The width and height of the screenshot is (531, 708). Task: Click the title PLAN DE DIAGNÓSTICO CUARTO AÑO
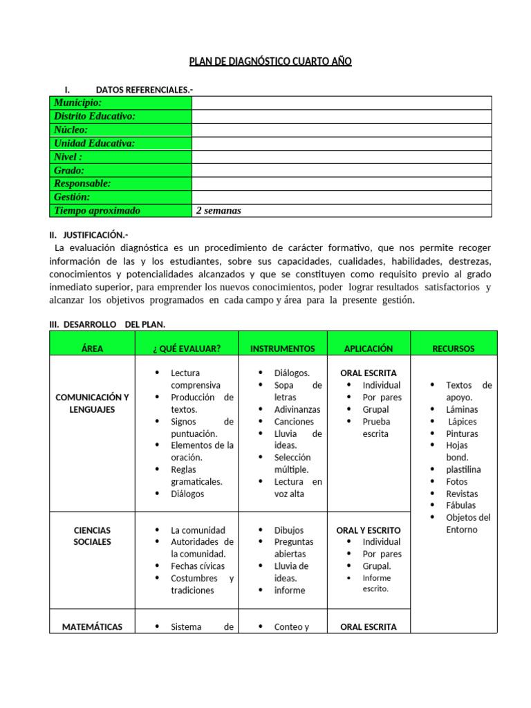click(x=270, y=62)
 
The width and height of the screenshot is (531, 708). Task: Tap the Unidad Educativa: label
click(x=94, y=143)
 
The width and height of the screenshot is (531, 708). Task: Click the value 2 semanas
click(x=218, y=211)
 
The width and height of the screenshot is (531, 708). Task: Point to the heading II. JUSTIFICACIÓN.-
click(x=88, y=235)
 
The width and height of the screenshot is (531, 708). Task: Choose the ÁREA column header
click(x=92, y=349)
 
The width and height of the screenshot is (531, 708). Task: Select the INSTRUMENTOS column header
click(x=282, y=349)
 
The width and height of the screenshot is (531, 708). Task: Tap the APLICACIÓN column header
click(x=369, y=349)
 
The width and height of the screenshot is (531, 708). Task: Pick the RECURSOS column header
click(x=453, y=349)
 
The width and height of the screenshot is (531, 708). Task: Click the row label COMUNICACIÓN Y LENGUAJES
click(x=92, y=403)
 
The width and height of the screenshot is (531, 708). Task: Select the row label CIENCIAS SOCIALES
click(x=92, y=536)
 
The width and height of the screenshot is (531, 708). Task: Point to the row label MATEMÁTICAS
click(x=92, y=627)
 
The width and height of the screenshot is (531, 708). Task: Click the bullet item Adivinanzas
click(x=297, y=409)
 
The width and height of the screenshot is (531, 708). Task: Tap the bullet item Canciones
click(x=294, y=422)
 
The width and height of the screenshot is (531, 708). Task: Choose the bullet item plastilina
click(x=463, y=469)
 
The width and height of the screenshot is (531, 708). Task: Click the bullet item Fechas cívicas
click(x=197, y=566)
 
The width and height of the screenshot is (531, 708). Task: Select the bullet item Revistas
click(x=462, y=494)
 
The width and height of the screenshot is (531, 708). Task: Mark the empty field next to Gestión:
click(x=342, y=197)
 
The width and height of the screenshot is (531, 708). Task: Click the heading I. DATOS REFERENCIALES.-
click(x=129, y=90)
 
